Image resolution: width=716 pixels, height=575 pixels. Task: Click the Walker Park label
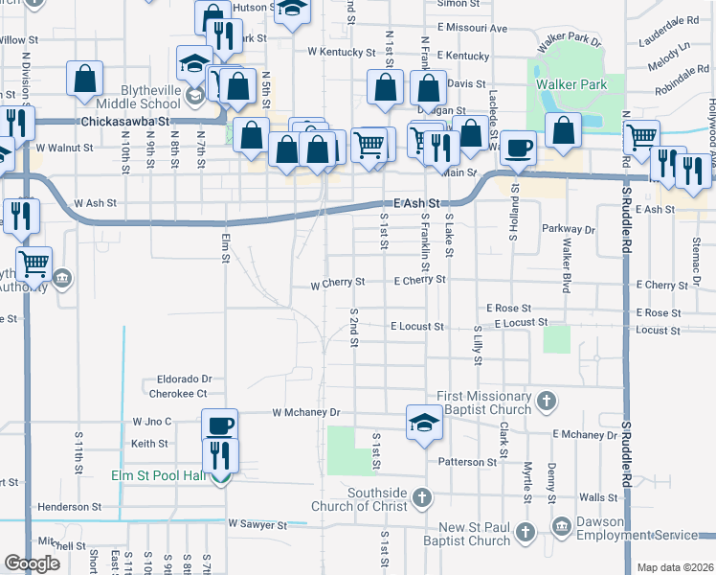[571, 84]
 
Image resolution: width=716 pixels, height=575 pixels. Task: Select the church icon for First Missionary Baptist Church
[546, 400]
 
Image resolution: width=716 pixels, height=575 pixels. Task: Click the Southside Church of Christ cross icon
[422, 497]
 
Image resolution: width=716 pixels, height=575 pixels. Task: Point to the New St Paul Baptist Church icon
[524, 532]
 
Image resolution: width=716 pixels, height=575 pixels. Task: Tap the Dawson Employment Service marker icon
[563, 525]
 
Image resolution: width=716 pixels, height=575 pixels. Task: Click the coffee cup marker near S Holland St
[518, 147]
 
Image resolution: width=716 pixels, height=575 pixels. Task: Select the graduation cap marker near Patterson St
[424, 421]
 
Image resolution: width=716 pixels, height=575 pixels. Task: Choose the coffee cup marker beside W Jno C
[219, 424]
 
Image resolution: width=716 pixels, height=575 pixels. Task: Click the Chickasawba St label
[124, 122]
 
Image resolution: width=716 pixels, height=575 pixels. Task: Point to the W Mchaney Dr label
[306, 413]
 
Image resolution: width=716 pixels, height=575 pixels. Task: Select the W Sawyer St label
[257, 525]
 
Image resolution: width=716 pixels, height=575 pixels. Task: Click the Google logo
[32, 563]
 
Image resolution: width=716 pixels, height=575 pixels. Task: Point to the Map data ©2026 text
[675, 567]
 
